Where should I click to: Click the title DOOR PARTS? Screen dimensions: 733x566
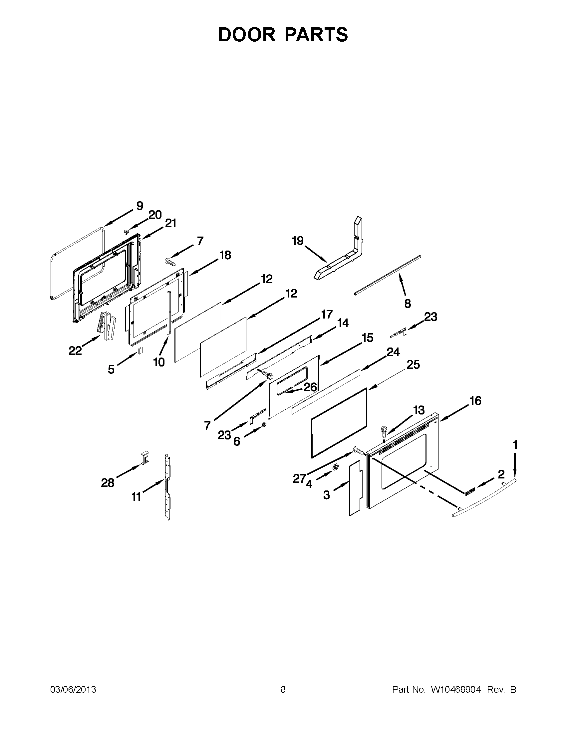tap(283, 35)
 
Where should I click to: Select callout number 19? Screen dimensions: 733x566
tap(297, 241)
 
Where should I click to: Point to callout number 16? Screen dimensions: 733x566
tap(475, 401)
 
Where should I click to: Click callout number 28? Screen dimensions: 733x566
tap(108, 483)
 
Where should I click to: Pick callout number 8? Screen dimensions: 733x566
tap(408, 304)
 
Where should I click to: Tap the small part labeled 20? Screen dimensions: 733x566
tap(127, 232)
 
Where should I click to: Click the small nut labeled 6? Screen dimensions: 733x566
tap(264, 425)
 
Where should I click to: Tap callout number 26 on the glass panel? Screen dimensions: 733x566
tap(310, 387)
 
